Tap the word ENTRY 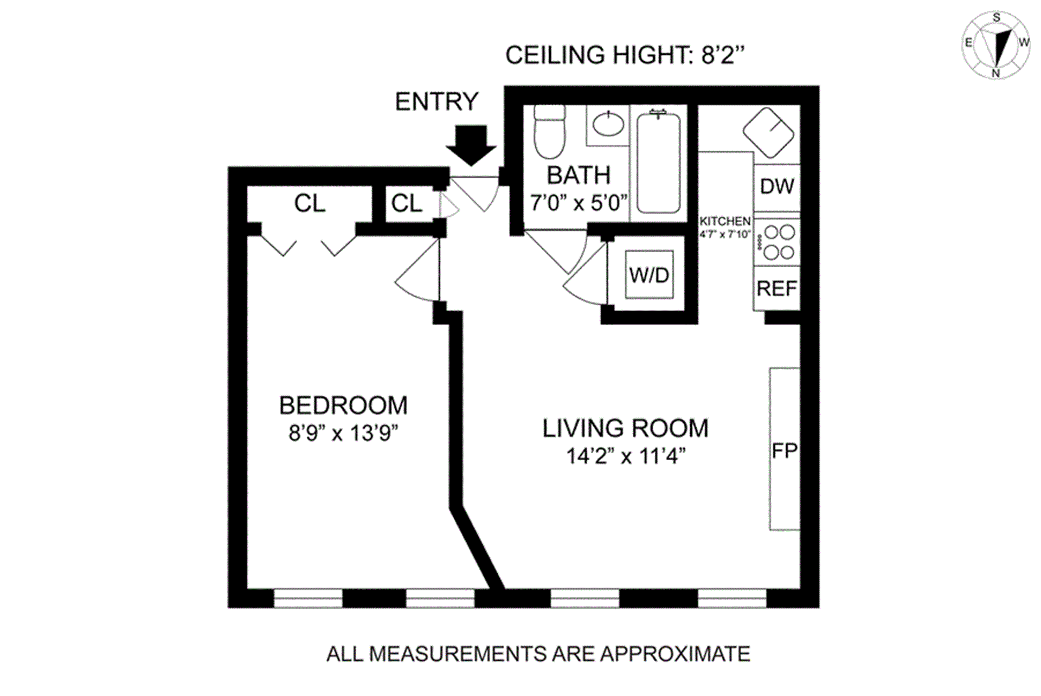pos(436,101)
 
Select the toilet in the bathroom pos(549,132)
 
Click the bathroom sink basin pos(608,124)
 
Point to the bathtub pos(658,163)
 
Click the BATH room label pos(579,175)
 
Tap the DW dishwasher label pos(777,187)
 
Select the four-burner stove pos(779,242)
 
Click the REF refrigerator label pos(777,288)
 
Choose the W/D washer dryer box pos(649,275)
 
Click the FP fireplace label pos(784,450)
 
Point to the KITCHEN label pos(725,221)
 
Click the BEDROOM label pos(343,405)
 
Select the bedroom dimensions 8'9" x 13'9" pos(343,433)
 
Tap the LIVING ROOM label pos(625,428)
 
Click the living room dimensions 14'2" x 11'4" pos(625,456)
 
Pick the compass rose pos(996,46)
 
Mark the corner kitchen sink pos(768,133)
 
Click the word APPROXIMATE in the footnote pos(675,654)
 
